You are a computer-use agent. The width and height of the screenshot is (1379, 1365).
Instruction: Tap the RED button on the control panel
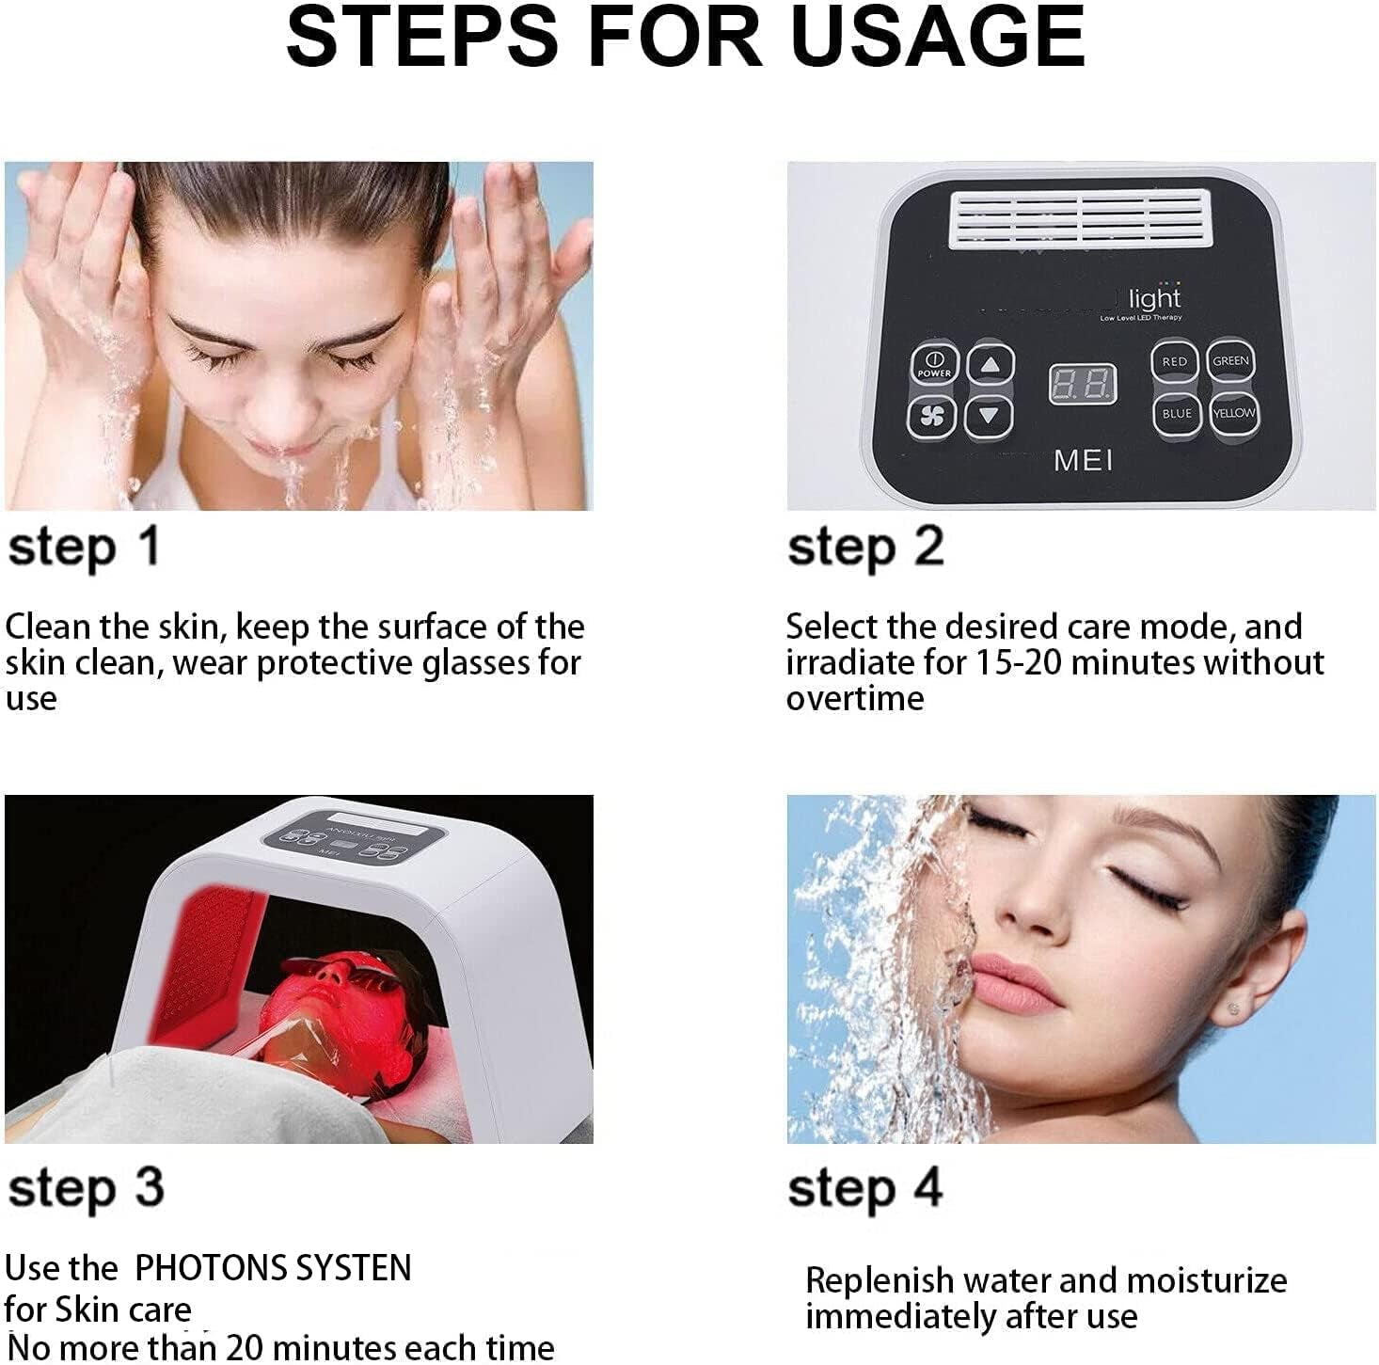[1175, 362]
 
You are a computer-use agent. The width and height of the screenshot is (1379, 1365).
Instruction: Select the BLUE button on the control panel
[1177, 414]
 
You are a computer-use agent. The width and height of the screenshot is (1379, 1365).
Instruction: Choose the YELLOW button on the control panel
[1233, 414]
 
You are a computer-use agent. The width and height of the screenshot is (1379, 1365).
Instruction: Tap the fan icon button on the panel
[933, 417]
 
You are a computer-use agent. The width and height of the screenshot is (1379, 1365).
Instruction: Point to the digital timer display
[1083, 384]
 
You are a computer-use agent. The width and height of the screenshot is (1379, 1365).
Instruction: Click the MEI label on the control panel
[1084, 460]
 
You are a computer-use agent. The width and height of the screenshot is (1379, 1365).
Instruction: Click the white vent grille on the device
[1076, 220]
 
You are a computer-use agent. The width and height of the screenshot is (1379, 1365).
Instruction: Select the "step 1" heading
[84, 548]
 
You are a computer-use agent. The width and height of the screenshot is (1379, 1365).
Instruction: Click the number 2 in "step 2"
[927, 547]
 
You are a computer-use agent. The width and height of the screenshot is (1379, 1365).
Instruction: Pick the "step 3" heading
[86, 1188]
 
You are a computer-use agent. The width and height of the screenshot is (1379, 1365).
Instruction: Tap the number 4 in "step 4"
[927, 1187]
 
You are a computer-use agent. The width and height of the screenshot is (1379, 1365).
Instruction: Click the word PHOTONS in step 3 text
[200, 1269]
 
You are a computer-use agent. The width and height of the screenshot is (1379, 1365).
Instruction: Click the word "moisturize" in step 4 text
[1206, 1281]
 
